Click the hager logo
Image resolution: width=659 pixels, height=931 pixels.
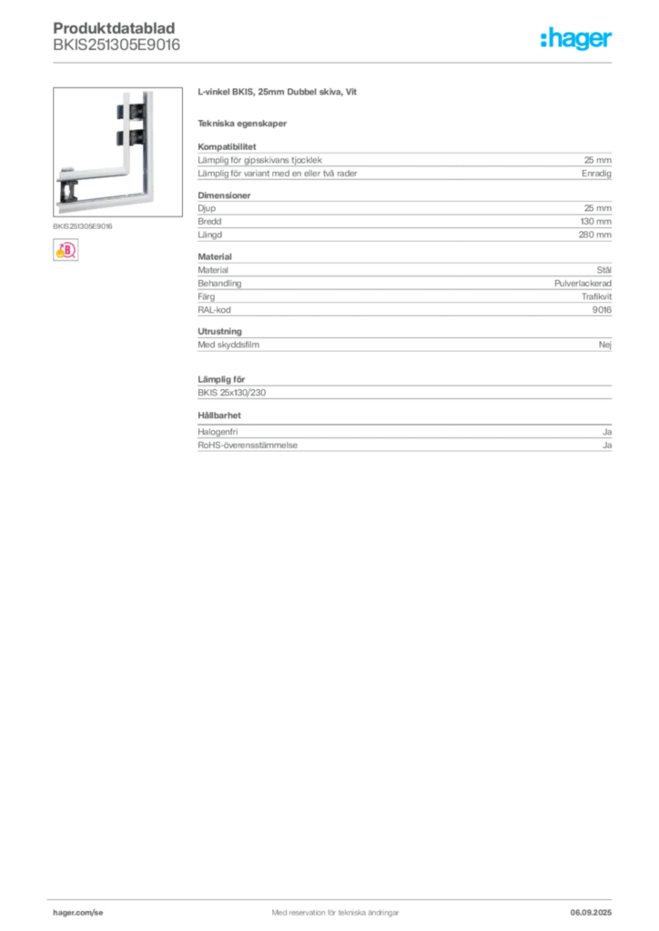click(x=575, y=38)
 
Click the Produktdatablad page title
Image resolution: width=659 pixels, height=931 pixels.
click(x=114, y=28)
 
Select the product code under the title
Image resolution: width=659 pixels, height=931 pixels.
click(x=117, y=45)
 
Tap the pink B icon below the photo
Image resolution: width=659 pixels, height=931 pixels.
click(x=66, y=250)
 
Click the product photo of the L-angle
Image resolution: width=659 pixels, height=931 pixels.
click(x=117, y=152)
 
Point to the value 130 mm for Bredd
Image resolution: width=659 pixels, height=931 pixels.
click(x=595, y=222)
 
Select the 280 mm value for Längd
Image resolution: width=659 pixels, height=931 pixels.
click(x=594, y=235)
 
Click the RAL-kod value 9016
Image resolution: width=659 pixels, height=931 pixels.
click(x=602, y=310)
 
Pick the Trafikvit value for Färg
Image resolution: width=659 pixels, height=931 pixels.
click(x=596, y=296)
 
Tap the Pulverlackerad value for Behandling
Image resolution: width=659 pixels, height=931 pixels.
click(x=583, y=284)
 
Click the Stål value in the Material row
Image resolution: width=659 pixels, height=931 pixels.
click(x=604, y=269)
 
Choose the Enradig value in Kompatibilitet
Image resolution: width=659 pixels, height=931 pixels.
click(x=596, y=174)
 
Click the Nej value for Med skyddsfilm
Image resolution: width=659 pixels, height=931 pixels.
click(x=605, y=345)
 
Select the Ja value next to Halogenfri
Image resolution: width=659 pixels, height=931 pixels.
click(x=607, y=432)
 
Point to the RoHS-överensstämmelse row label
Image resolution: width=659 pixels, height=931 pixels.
click(x=248, y=445)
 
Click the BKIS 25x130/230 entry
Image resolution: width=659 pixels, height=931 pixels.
click(x=232, y=393)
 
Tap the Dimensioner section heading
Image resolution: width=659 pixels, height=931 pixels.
click(x=224, y=195)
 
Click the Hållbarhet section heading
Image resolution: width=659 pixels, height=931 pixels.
click(x=219, y=415)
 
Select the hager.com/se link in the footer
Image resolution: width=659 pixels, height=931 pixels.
click(x=78, y=913)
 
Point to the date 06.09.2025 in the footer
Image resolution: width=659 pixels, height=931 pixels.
click(x=591, y=913)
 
